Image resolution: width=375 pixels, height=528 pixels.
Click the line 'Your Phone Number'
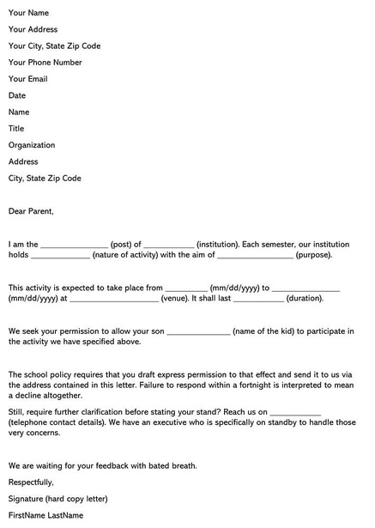click(x=45, y=63)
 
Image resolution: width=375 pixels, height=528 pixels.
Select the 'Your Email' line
click(x=28, y=79)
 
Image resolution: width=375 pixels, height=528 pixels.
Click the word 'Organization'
click(x=32, y=145)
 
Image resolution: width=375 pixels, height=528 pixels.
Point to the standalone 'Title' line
click(x=16, y=129)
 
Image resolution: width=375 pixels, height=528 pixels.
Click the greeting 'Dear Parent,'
click(x=31, y=210)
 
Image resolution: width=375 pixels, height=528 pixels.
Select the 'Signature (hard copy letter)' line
click(x=58, y=499)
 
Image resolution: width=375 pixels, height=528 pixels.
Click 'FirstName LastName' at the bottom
click(x=45, y=515)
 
